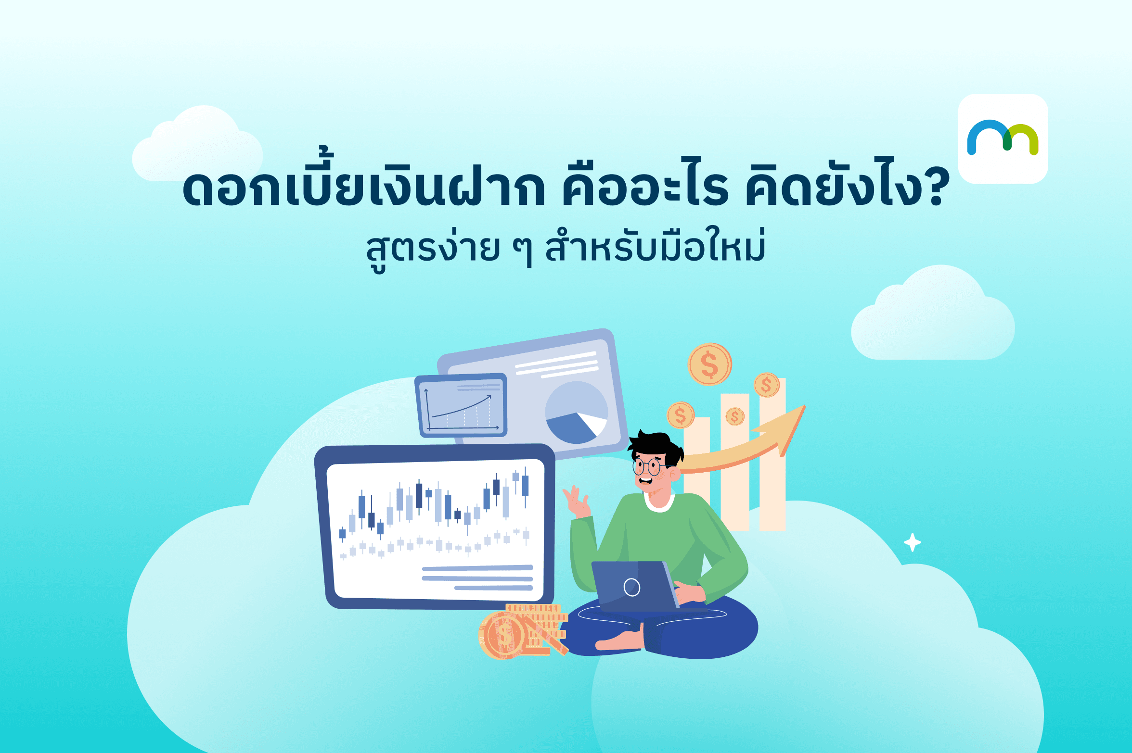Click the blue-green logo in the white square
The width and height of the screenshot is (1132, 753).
pos(1003,138)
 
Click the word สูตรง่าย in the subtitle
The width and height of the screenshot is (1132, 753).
pos(433,249)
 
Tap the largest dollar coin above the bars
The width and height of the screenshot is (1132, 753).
pos(710,364)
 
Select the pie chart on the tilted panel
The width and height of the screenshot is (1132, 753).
pos(576,413)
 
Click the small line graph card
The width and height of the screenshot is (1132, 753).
pos(461,405)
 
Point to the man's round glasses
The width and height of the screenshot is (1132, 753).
pos(648,466)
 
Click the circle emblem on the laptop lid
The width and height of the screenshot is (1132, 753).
pos(631,587)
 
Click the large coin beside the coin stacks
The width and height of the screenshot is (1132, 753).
pos(502,635)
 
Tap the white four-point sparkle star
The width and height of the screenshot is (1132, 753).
pos(912,542)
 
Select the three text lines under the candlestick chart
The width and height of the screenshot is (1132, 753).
pos(477,577)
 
